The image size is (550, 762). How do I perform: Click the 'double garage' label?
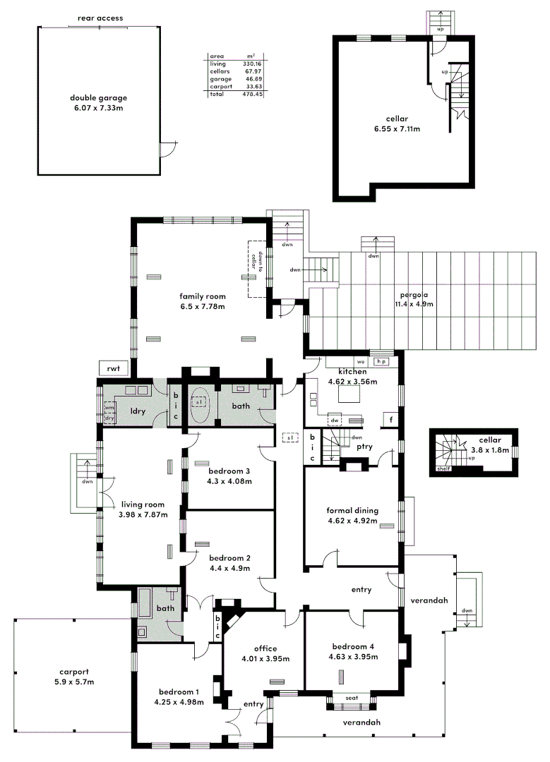point(98,98)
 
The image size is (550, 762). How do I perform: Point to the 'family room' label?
point(201,296)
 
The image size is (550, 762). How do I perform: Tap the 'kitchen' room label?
point(352,372)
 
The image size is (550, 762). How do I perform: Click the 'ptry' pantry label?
point(365,447)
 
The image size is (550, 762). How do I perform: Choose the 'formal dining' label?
point(352,511)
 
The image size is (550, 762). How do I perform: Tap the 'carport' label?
point(74,672)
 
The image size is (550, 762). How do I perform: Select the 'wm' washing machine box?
point(109,408)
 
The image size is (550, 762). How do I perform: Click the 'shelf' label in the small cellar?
point(443,468)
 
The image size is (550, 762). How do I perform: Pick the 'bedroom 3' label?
point(229,471)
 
